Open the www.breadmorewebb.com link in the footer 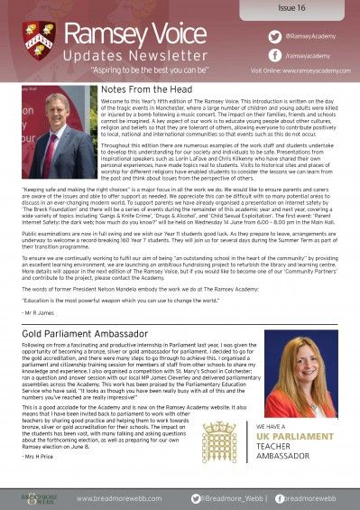coord(118,497)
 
